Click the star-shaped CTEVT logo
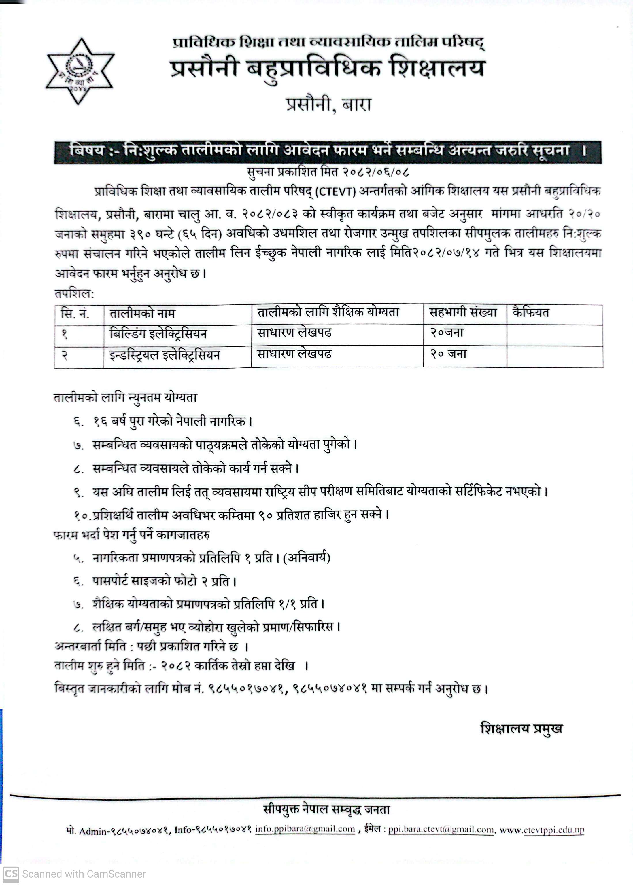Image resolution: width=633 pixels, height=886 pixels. point(80,71)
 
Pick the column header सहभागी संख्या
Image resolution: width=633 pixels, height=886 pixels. point(463,313)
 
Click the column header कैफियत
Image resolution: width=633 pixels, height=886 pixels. point(531,313)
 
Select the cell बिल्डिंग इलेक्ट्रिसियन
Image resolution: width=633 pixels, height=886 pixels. point(158,334)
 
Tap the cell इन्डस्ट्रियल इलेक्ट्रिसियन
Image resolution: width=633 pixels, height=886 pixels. point(165,355)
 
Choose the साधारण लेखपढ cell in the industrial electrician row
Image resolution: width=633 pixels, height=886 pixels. point(294,354)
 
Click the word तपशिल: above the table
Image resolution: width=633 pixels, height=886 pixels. point(74,294)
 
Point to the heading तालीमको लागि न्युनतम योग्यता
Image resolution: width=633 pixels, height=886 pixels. point(125,398)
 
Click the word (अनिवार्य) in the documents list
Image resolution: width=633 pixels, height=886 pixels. point(307,558)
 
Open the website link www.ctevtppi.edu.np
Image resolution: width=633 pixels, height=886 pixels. point(542,830)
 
